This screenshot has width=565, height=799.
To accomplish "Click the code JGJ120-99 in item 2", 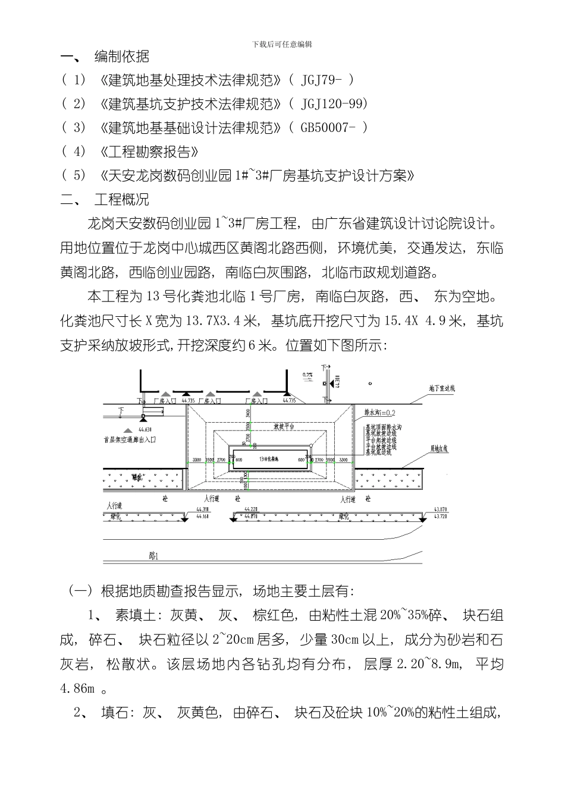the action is tap(334, 104).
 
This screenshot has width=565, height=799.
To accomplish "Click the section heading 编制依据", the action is tap(122, 57).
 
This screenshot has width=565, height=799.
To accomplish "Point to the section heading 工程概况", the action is tap(122, 199).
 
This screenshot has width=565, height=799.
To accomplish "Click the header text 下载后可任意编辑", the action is tap(282, 45).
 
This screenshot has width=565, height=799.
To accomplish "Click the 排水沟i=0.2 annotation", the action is tap(380, 411).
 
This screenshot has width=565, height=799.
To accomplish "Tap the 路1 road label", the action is tap(153, 556).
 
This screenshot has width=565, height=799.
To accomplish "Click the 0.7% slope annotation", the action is tap(307, 375).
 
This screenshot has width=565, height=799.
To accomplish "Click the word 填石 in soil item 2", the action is tap(114, 713).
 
